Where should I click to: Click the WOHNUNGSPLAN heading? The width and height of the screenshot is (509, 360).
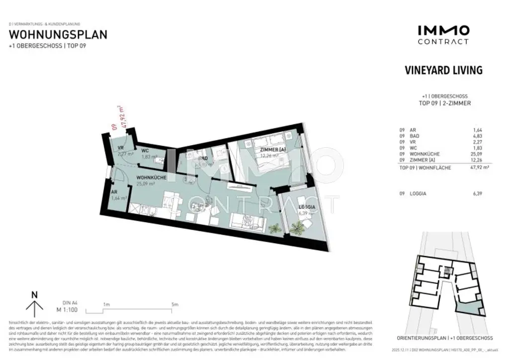[58, 35]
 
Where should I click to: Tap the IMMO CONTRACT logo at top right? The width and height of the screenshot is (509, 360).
[443, 35]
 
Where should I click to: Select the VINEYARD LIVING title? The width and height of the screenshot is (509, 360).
[444, 70]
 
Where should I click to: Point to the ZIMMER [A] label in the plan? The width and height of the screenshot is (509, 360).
[272, 150]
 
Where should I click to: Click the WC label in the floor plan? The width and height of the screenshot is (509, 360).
[145, 150]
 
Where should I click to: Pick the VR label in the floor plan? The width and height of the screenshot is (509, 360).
[120, 148]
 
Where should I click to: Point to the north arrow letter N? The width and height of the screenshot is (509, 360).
[34, 294]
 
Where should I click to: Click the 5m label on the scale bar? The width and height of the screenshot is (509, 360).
[174, 304]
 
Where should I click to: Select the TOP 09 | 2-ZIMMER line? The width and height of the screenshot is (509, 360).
[444, 103]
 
